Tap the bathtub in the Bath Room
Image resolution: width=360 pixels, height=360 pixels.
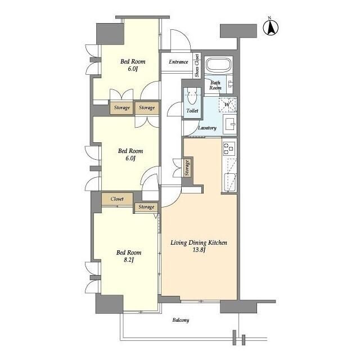[x=218, y=65]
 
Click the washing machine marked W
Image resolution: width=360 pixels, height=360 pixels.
[x=227, y=105]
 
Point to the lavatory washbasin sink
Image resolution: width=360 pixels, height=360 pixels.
[x=230, y=124]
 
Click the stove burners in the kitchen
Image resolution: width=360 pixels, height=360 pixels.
[x=229, y=148]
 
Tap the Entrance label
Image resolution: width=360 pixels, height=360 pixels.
[x=178, y=62]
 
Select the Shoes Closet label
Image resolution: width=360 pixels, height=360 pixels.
[x=197, y=66]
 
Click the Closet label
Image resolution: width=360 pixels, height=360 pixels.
[x=117, y=199]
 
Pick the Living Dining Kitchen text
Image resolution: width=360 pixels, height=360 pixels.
[x=199, y=242]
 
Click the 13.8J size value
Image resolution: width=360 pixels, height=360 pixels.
[x=199, y=250]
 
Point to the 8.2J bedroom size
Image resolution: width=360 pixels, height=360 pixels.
[x=129, y=260]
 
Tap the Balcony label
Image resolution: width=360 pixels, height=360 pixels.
[x=181, y=320]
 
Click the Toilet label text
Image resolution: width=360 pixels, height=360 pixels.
[x=192, y=111]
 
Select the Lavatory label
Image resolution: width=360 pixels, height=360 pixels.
[x=207, y=128]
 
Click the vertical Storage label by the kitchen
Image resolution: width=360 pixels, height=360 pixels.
[x=187, y=168]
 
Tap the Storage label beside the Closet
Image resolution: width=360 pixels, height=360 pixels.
[x=146, y=207]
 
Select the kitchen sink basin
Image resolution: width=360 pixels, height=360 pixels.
[x=230, y=182]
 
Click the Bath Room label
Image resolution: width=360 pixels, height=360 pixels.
[x=215, y=85]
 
